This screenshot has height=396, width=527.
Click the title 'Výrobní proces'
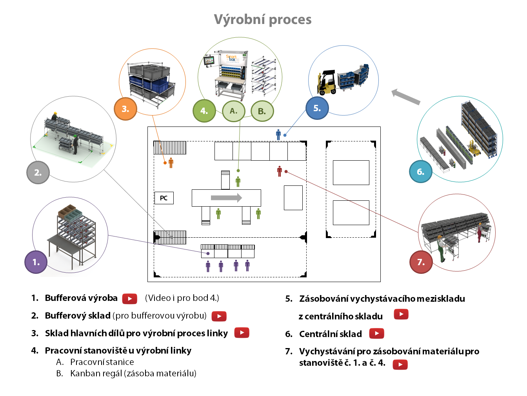coord(263,19)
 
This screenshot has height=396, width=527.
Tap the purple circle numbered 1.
coord(36,262)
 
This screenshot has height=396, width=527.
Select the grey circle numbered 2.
coord(38,172)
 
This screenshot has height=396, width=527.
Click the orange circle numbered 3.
coord(125,109)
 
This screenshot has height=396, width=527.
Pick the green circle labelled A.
coord(234,111)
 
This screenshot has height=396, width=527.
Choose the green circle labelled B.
coord(262,111)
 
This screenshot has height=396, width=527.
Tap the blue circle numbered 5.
coord(317,108)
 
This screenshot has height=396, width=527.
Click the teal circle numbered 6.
coord(421,172)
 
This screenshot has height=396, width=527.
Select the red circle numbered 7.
coord(421,262)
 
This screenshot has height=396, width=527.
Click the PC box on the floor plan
coord(164,198)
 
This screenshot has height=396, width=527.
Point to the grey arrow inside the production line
coord(226,198)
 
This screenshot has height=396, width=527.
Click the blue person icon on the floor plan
coord(278,135)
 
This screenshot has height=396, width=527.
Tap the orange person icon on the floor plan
coord(171,163)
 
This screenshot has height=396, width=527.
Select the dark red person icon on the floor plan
coord(280,171)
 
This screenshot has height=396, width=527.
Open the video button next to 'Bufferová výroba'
coord(130,299)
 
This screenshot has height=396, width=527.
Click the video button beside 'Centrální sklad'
coord(376,334)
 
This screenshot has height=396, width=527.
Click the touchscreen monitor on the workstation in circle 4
coord(209,61)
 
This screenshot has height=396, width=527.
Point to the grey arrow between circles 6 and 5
coord(406,97)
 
